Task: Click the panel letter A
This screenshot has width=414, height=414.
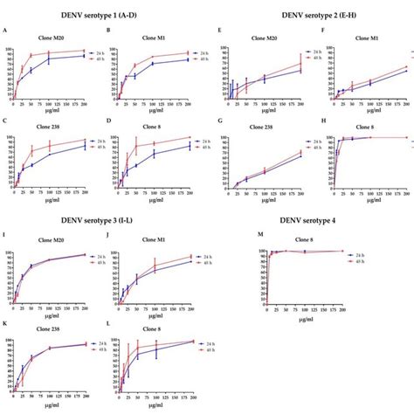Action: click(x=6, y=31)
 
